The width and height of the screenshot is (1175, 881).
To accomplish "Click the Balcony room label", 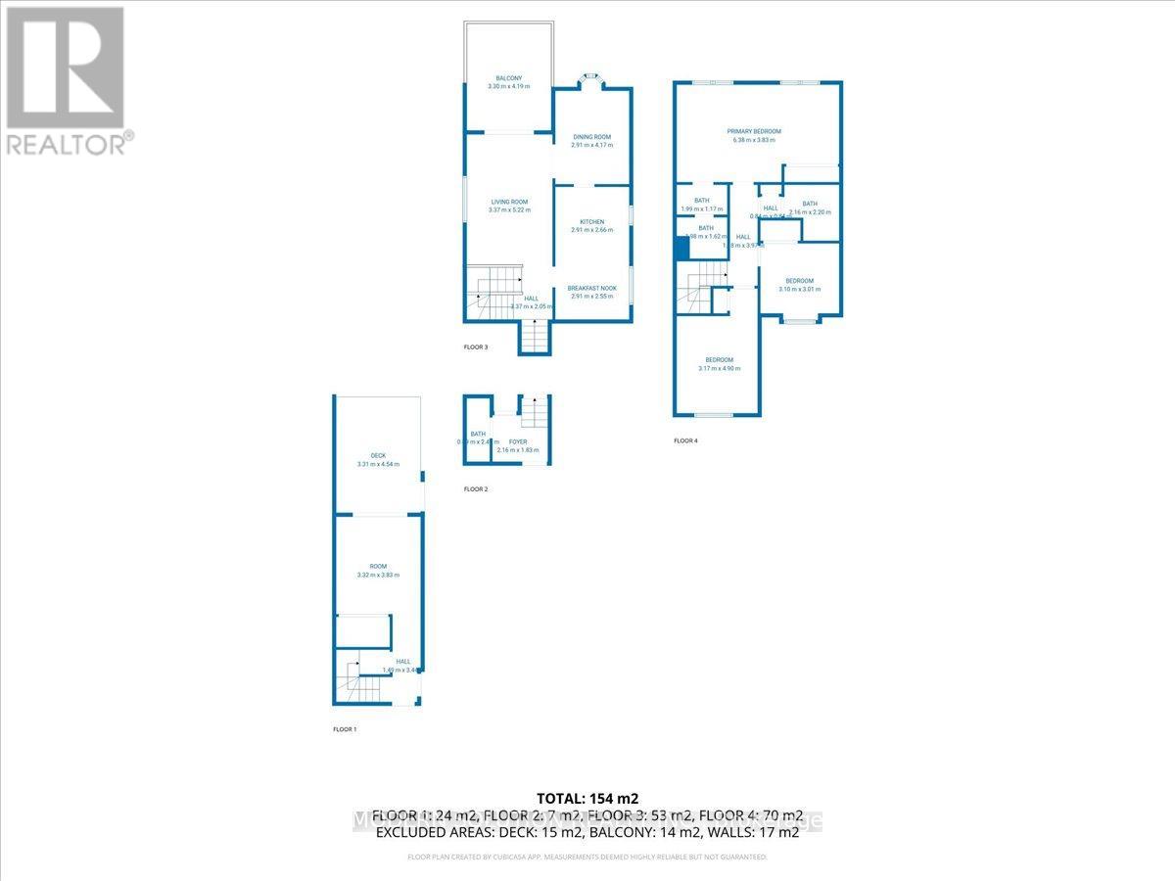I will [x=508, y=78].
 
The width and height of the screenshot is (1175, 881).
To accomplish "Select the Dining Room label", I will [x=591, y=137].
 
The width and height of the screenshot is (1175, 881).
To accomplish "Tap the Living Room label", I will [x=509, y=202].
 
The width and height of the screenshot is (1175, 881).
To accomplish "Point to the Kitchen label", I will [x=591, y=222].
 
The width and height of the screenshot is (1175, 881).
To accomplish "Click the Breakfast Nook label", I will [x=591, y=288].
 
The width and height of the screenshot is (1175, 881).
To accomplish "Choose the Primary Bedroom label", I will [x=753, y=131].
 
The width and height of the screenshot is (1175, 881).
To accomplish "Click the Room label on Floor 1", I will [x=378, y=567].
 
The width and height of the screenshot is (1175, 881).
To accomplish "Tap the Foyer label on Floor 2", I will [x=517, y=442].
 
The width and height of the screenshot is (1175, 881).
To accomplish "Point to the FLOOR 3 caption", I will [x=475, y=348].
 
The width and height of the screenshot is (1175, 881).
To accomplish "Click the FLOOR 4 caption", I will [x=685, y=441].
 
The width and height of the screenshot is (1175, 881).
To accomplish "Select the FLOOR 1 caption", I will [x=346, y=730].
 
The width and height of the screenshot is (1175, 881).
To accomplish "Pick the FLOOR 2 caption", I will [x=475, y=488].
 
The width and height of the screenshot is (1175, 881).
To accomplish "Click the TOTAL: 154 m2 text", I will [x=587, y=798].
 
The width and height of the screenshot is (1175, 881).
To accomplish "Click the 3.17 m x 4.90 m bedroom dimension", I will [x=713, y=369].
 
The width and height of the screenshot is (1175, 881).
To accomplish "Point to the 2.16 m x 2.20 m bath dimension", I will [x=810, y=211].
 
